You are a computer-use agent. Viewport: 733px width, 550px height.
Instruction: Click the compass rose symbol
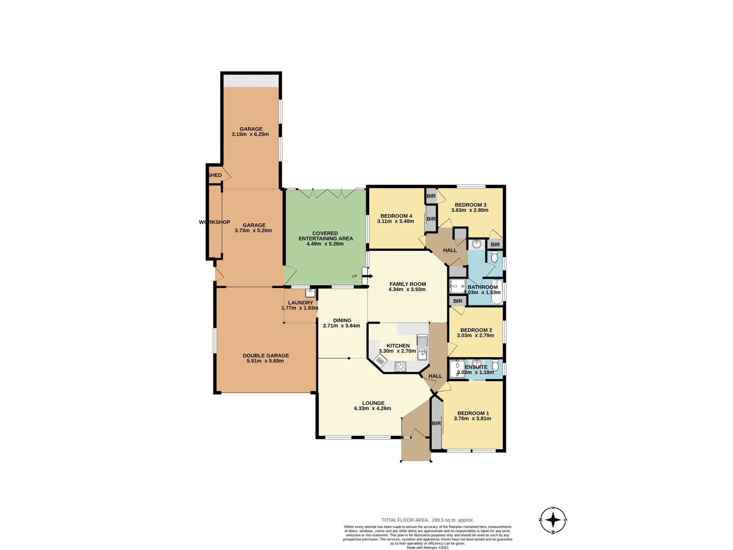553,520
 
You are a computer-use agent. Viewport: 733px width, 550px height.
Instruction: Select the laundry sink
310,293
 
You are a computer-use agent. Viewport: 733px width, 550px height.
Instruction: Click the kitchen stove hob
400,366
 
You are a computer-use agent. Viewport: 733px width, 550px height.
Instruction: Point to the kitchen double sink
422,347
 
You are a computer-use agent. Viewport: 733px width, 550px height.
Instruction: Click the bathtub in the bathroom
497,292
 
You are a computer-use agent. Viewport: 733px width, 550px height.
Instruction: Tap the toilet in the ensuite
496,365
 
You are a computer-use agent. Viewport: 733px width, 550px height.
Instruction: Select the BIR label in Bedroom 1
436,423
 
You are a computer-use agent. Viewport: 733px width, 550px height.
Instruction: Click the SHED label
215,175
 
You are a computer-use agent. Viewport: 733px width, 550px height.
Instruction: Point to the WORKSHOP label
215,222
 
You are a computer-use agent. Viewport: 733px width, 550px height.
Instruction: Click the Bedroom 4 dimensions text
396,221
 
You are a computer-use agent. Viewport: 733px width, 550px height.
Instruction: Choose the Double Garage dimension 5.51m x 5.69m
265,361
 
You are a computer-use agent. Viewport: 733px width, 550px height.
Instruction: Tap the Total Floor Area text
428,520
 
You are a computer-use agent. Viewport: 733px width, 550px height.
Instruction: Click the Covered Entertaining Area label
325,236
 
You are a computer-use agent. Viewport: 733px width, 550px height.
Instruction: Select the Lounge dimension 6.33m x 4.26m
373,408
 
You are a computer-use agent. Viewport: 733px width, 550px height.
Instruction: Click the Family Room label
407,284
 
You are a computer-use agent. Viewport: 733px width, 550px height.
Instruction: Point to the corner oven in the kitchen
380,360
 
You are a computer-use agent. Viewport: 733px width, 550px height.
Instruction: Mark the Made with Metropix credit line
428,547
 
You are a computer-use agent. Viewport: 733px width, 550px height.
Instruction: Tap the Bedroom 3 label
470,205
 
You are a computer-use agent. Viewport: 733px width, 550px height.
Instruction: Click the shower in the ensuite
457,369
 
